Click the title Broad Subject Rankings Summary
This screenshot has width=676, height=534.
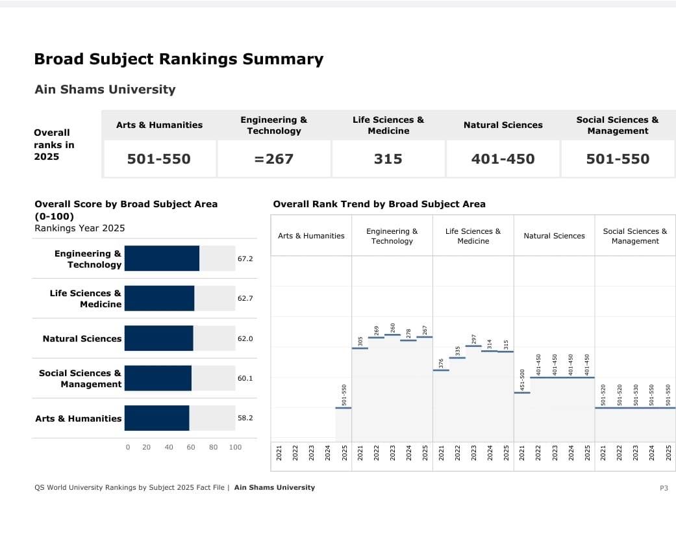click(x=179, y=59)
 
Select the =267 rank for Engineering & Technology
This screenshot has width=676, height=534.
click(x=274, y=159)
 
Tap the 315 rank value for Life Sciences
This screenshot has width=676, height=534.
click(x=388, y=159)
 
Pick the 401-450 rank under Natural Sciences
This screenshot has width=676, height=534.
click(x=503, y=159)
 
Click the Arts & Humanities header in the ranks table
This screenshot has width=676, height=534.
click(x=159, y=125)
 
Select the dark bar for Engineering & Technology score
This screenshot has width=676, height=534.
click(x=162, y=259)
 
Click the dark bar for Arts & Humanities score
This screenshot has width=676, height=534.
click(x=156, y=418)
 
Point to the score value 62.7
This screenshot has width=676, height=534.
click(x=245, y=299)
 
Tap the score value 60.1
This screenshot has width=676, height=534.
click(x=245, y=378)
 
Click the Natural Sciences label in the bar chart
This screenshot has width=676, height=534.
click(x=82, y=338)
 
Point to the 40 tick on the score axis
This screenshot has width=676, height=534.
click(x=169, y=447)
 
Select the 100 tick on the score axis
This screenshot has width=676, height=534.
click(x=235, y=447)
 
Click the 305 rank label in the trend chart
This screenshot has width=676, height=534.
click(x=360, y=341)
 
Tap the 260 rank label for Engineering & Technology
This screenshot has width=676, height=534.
click(x=393, y=327)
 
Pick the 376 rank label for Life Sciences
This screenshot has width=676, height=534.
click(x=442, y=363)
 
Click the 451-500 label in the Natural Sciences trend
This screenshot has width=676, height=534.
click(x=523, y=379)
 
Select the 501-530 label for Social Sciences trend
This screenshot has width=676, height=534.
click(x=636, y=395)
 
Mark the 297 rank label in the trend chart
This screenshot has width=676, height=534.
click(x=474, y=338)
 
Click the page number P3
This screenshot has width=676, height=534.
click(x=664, y=488)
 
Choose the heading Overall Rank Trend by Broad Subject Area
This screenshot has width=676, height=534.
click(x=379, y=204)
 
